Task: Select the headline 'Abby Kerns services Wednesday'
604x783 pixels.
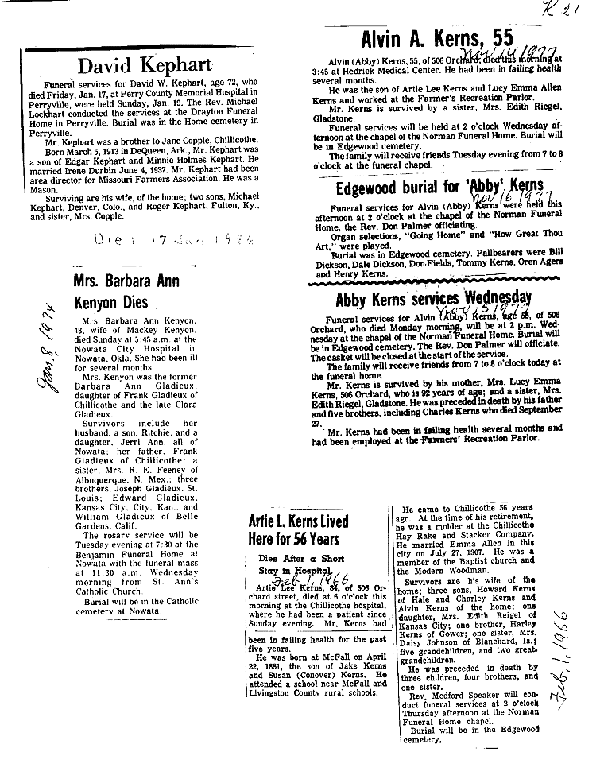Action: click(x=432, y=300)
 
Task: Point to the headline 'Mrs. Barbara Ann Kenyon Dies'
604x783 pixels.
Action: click(x=125, y=292)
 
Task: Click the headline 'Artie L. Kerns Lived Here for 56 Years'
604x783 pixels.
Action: click(x=298, y=531)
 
